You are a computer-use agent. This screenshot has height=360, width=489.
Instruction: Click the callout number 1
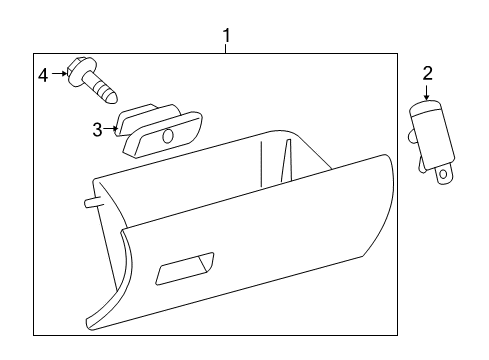(227, 37)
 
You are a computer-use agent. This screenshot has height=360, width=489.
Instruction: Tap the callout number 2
(427, 72)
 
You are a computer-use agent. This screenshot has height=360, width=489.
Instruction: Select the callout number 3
(98, 129)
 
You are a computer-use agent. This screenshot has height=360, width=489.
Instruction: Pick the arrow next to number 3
(111, 129)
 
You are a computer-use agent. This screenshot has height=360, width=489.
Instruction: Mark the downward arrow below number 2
(427, 93)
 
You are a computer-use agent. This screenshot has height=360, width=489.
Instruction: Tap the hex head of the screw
(75, 73)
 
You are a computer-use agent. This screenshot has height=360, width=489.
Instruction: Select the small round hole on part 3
(167, 135)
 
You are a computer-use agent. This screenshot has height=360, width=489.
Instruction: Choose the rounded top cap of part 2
(427, 106)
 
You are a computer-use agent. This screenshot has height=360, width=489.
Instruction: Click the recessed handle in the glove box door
(186, 267)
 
